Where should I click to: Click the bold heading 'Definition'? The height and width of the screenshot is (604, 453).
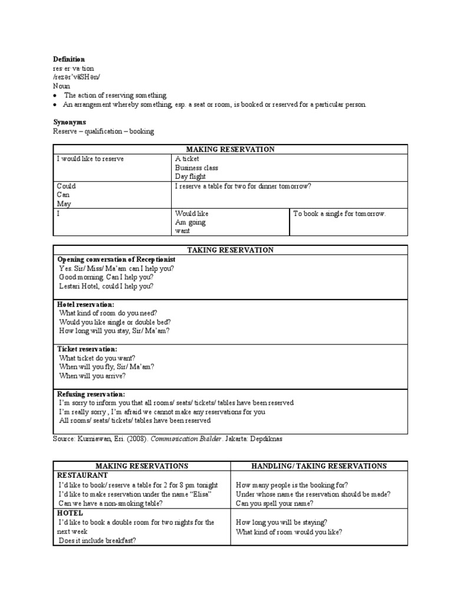[70, 60]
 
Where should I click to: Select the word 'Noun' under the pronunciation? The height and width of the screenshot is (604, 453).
[61, 86]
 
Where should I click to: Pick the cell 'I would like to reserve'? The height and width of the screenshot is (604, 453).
[90, 159]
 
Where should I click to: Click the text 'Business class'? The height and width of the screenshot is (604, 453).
[196, 168]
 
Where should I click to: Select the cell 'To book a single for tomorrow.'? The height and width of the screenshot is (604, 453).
[339, 214]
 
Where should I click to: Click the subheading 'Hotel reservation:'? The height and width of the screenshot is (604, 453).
[86, 304]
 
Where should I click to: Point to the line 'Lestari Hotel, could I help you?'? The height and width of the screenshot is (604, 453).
[106, 286]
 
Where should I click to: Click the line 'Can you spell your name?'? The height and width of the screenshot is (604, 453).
[274, 503]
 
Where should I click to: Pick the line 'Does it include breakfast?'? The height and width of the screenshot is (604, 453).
[97, 540]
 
